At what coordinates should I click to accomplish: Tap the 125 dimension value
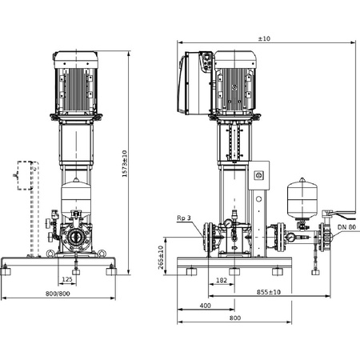(x=69, y=280)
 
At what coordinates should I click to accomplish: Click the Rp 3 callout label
(x=185, y=218)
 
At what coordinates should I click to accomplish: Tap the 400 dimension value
(x=205, y=306)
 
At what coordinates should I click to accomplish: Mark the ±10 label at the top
(x=263, y=38)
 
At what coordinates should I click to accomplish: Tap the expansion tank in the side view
(x=302, y=198)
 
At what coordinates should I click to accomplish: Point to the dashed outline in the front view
(x=32, y=208)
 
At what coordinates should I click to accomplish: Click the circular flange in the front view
(x=77, y=238)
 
